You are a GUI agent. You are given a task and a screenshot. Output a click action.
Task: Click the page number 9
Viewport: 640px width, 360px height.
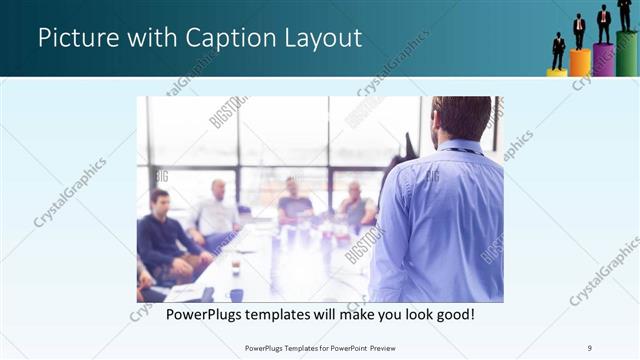(x=590, y=347)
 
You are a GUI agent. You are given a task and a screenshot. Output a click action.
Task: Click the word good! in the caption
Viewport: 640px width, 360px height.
(x=453, y=315)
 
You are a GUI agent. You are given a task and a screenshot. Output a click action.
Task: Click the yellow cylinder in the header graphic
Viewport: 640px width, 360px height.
(x=557, y=72)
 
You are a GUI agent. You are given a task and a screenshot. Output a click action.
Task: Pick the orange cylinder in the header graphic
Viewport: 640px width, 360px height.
(x=580, y=63)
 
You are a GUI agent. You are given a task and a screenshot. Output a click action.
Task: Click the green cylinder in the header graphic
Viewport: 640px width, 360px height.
(x=627, y=53)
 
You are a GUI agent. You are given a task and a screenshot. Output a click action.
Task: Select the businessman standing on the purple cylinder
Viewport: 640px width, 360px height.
(x=603, y=24)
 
